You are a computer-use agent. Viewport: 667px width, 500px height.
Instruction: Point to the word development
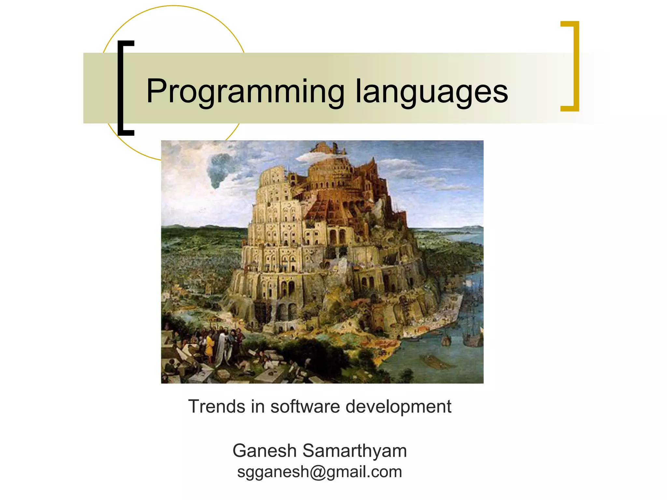398,407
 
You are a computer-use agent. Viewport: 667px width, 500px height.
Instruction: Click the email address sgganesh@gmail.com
319,472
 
